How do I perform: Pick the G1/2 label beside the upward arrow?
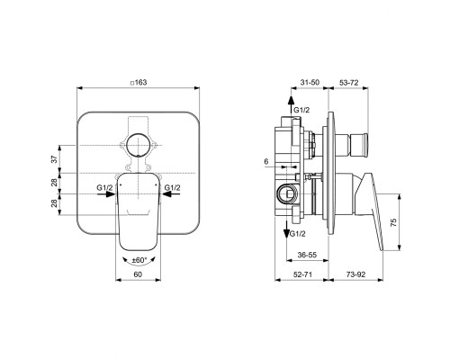coord(303,109)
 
